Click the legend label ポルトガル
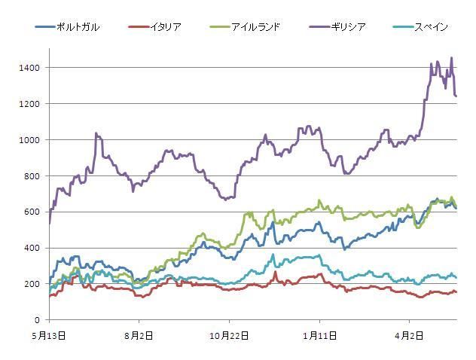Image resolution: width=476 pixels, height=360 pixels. pyautogui.click(x=78, y=27)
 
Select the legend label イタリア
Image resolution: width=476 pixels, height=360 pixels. pyautogui.click(x=164, y=27)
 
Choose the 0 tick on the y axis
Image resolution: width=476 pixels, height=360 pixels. pyautogui.click(x=39, y=320)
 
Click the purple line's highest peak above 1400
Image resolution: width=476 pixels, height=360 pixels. pyautogui.click(x=451, y=58)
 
